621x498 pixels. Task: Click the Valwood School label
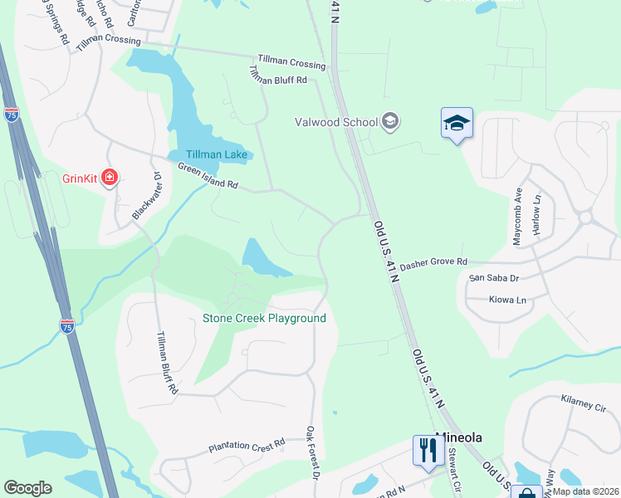click(x=336, y=123)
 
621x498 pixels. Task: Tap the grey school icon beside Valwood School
click(x=390, y=123)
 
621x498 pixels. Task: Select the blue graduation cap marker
click(x=456, y=124)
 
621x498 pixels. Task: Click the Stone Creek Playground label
click(x=264, y=318)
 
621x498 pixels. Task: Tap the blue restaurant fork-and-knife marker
click(x=428, y=451)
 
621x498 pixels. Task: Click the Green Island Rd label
click(x=208, y=175)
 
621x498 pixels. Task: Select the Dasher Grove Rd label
click(x=433, y=264)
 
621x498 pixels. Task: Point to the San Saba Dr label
click(x=493, y=279)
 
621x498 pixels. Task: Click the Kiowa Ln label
click(x=507, y=299)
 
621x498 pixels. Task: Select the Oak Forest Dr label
click(x=312, y=453)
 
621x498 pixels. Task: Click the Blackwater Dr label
click(x=145, y=196)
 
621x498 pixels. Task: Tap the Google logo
click(x=27, y=488)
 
